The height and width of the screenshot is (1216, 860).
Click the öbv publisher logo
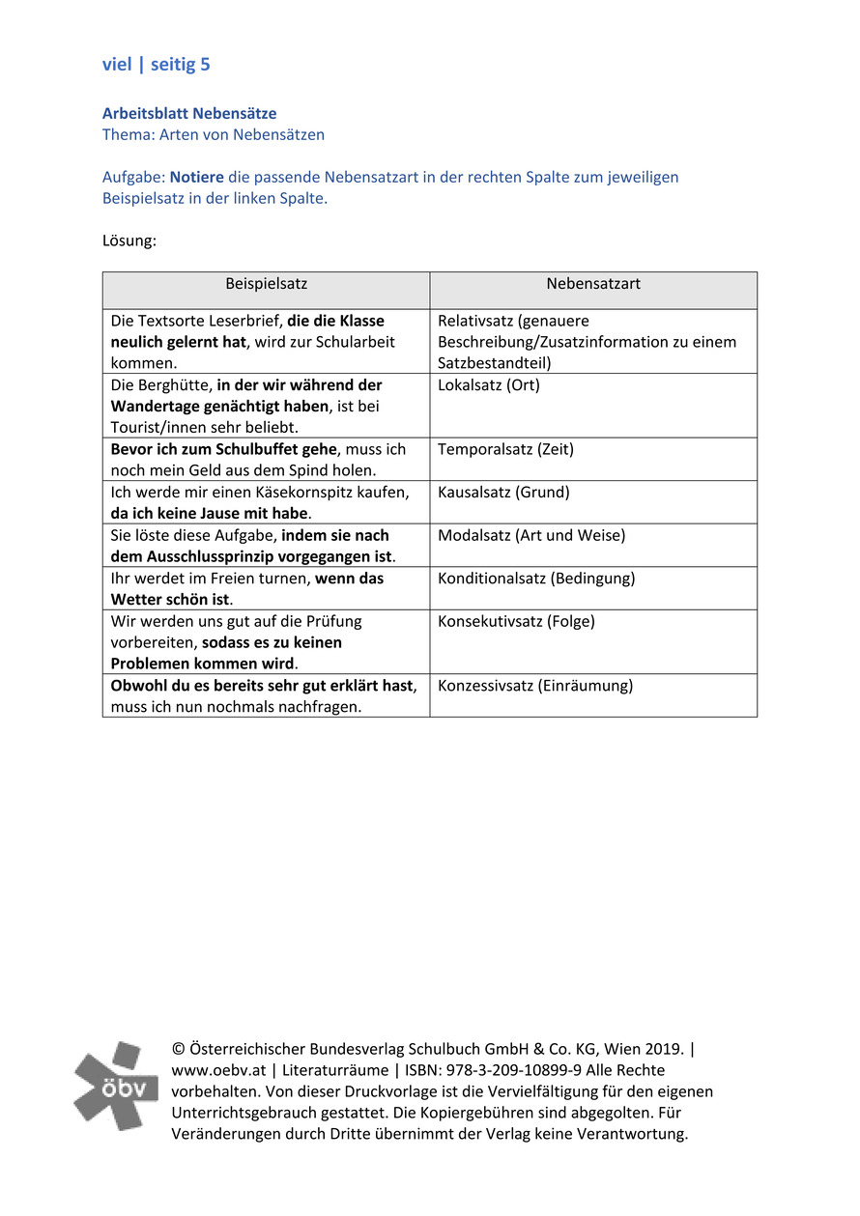pyautogui.click(x=116, y=1086)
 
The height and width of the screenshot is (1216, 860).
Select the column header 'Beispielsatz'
pyautogui.click(x=266, y=284)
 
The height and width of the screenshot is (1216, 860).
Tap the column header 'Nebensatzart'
pyautogui.click(x=592, y=284)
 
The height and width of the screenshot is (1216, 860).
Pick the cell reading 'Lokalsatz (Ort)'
pyautogui.click(x=488, y=385)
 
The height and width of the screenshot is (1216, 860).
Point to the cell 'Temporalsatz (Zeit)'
pyautogui.click(x=504, y=449)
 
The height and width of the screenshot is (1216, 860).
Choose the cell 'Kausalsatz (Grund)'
pyautogui.click(x=503, y=493)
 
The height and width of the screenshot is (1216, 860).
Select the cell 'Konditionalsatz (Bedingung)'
pyautogui.click(x=536, y=579)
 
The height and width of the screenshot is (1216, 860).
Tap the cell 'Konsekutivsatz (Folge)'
pyautogui.click(x=516, y=621)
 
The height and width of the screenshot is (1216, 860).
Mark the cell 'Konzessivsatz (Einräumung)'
pyautogui.click(x=535, y=686)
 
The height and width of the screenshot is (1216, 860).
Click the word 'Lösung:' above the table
pyautogui.click(x=129, y=240)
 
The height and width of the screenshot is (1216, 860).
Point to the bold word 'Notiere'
pyautogui.click(x=197, y=178)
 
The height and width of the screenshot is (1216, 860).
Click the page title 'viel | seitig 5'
pyautogui.click(x=157, y=65)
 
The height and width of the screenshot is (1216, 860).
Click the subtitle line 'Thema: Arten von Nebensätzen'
pyautogui.click(x=214, y=135)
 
